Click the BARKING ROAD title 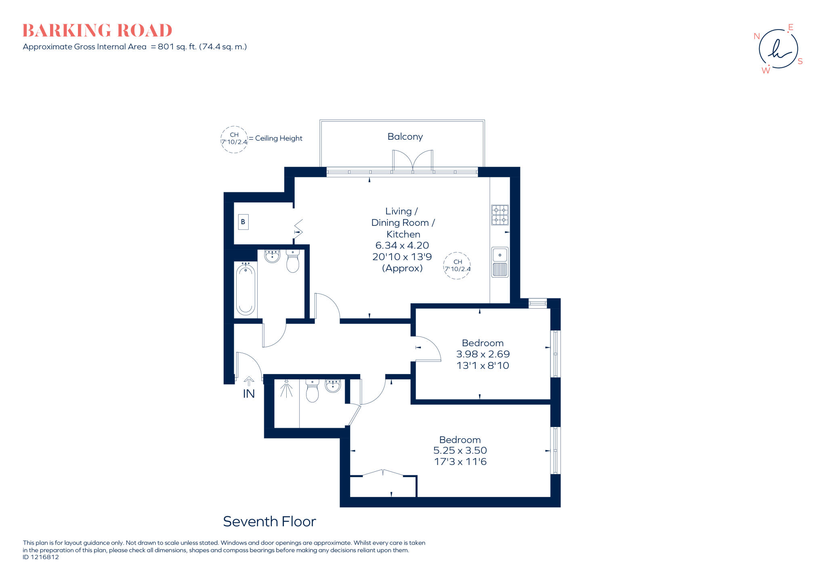pos(97,31)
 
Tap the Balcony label pos(405,137)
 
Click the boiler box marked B pos(243,222)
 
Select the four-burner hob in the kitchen pos(500,215)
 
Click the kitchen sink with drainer pos(500,262)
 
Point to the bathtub pos(246,289)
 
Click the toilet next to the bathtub pos(292,261)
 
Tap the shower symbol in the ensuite pos(286,389)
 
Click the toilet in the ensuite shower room pos(312,391)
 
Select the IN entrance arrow pos(249,381)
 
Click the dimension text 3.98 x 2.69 pos(483,354)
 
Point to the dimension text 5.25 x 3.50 pos(460,450)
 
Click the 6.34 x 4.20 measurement pos(402,245)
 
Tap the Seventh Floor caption pos(269,522)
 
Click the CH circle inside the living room pos(457,265)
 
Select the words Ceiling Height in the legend pos(279,138)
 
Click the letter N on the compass pos(756,36)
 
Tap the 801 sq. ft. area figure pos(177,47)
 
